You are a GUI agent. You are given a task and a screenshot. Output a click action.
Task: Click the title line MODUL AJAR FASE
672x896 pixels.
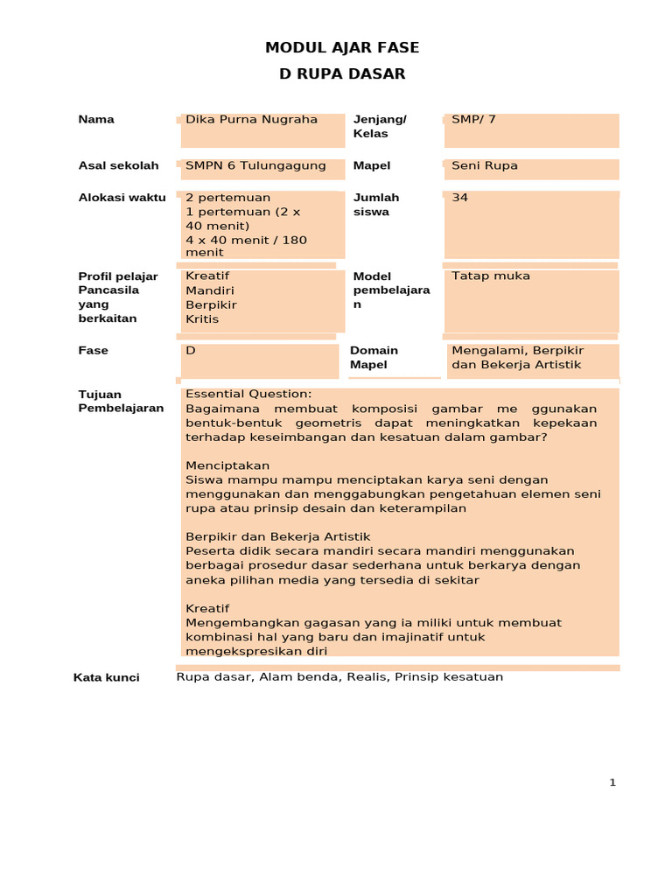click(x=342, y=48)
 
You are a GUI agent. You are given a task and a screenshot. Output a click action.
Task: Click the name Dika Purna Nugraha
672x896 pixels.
click(x=251, y=119)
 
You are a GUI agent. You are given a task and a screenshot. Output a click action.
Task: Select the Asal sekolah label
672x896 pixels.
click(x=118, y=165)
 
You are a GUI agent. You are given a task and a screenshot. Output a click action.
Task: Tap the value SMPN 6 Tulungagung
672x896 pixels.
click(x=255, y=165)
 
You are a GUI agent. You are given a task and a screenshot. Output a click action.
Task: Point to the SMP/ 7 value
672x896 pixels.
click(x=473, y=119)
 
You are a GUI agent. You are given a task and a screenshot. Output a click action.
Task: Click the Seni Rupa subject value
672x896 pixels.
click(x=485, y=165)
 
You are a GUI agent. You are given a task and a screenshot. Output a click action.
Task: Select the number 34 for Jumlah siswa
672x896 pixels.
click(x=460, y=198)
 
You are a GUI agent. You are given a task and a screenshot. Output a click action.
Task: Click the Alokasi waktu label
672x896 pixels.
click(x=122, y=198)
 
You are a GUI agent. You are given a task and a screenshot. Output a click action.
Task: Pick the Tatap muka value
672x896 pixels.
click(x=491, y=276)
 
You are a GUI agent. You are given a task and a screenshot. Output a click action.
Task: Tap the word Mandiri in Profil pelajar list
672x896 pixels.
click(x=210, y=290)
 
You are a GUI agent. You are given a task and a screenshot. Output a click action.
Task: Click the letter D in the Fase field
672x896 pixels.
click(x=190, y=350)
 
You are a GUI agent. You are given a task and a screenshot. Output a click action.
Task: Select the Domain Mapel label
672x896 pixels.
click(x=374, y=357)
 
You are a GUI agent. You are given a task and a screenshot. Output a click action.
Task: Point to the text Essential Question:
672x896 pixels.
click(x=248, y=394)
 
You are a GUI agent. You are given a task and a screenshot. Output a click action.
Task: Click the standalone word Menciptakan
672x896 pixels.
click(x=227, y=465)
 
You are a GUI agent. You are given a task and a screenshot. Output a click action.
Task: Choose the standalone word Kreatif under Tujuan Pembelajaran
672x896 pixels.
click(x=207, y=608)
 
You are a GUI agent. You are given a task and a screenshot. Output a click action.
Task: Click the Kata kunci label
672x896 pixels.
click(x=106, y=677)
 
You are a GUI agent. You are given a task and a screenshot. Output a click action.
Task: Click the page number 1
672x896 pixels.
click(x=612, y=782)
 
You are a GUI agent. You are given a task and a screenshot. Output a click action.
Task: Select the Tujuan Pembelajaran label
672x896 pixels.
click(x=121, y=401)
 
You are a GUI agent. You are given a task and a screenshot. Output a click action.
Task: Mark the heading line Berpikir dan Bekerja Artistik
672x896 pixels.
click(x=278, y=536)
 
